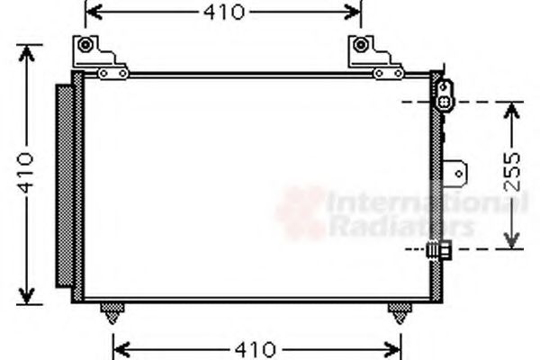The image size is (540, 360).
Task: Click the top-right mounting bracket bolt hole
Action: tap(361, 45)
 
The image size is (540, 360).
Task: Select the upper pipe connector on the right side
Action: tap(445, 95)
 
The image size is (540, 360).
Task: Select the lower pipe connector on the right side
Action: tap(441, 249)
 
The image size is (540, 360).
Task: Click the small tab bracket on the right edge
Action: tap(460, 171)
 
